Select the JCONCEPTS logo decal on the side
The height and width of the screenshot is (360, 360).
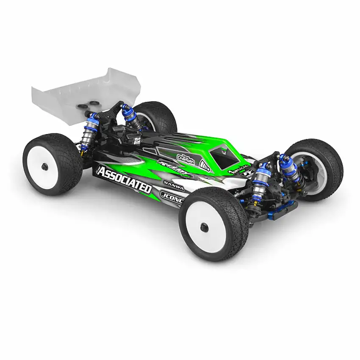(x=172, y=197)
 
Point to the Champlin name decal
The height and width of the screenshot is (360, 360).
(x=186, y=158)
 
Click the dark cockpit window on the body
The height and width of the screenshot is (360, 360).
(x=224, y=156)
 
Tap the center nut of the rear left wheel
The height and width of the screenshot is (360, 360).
(x=45, y=166)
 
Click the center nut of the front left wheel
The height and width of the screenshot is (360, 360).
(x=205, y=227)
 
